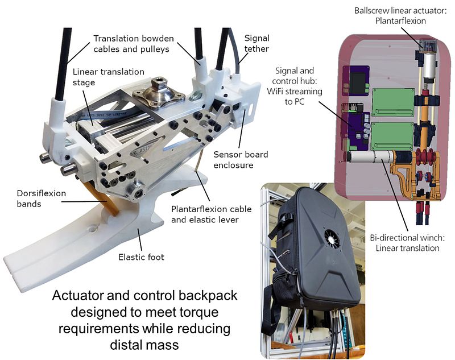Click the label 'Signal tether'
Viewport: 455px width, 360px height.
pyautogui.click(x=257, y=45)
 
